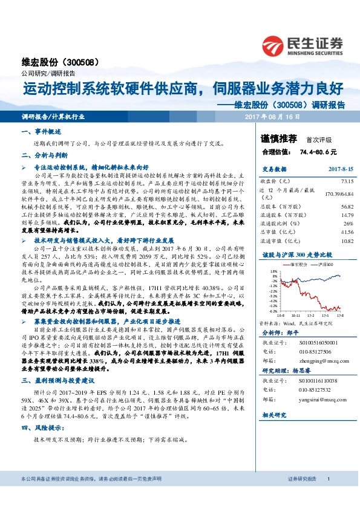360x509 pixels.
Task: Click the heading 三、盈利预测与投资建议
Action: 60,381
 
